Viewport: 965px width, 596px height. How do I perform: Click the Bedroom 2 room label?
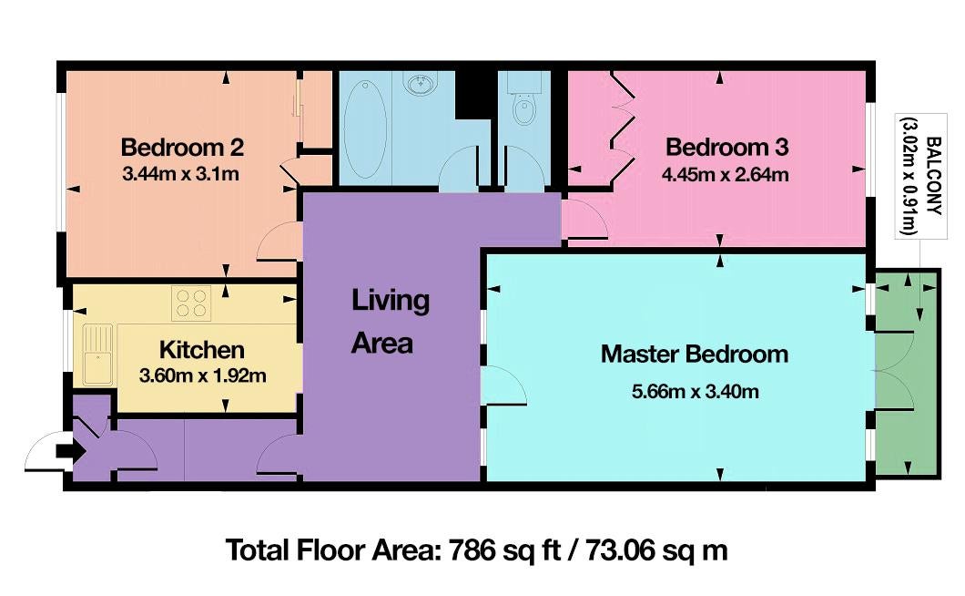click(182, 148)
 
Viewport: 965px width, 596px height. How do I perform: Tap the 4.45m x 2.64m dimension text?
click(725, 175)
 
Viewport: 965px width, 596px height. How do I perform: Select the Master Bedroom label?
click(695, 355)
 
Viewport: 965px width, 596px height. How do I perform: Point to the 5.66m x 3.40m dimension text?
click(695, 391)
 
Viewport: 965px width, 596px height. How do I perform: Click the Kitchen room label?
click(202, 350)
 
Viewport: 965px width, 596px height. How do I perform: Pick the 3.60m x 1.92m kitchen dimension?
click(202, 375)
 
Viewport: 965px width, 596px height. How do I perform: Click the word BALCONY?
click(934, 176)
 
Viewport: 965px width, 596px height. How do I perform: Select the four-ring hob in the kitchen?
click(191, 303)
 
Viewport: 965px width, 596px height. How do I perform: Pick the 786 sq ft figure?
click(504, 550)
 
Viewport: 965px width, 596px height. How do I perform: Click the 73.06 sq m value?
click(656, 550)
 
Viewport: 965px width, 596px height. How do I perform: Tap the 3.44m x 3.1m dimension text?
click(181, 174)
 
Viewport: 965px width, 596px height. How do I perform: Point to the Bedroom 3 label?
click(726, 148)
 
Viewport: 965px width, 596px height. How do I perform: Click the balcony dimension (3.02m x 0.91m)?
click(909, 176)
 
